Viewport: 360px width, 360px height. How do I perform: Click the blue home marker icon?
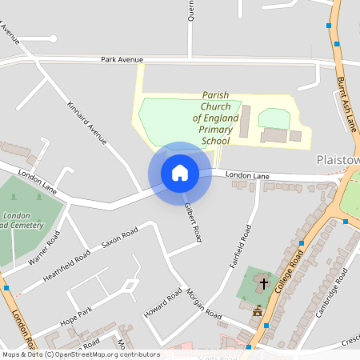coord(179,173)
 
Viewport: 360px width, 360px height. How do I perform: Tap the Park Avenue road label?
coord(122,60)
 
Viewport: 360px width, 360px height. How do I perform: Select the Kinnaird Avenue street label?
coord(87,123)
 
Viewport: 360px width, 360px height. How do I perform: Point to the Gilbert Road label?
coord(191,222)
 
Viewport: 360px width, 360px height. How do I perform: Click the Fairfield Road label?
coord(241,244)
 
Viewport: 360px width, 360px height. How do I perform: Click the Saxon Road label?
coord(119,238)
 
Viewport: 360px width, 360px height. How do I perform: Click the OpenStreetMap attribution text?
coord(80,354)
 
